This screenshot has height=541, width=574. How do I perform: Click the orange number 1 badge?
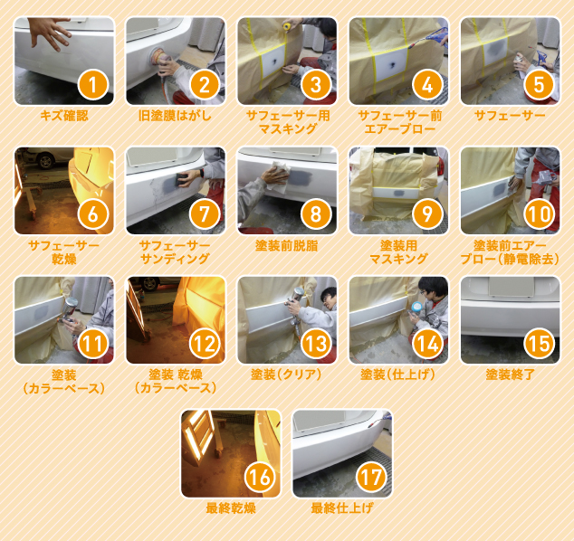[93, 84]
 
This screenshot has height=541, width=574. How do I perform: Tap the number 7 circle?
[205, 214]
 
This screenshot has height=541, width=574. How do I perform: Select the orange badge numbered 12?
[205, 344]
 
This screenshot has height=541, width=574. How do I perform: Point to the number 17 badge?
[371, 477]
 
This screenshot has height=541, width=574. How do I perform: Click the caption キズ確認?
[64, 116]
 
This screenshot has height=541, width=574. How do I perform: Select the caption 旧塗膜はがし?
[176, 116]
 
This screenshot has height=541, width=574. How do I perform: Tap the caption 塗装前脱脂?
[287, 246]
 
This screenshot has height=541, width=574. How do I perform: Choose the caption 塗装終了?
[510, 375]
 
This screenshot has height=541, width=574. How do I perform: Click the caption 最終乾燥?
[231, 508]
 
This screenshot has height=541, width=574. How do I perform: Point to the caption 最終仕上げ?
[342, 508]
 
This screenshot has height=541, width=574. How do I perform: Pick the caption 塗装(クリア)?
[286, 375]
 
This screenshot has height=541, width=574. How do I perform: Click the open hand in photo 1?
[50, 33]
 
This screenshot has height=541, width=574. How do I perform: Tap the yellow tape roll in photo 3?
[287, 25]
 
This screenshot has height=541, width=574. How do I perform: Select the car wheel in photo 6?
[46, 161]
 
